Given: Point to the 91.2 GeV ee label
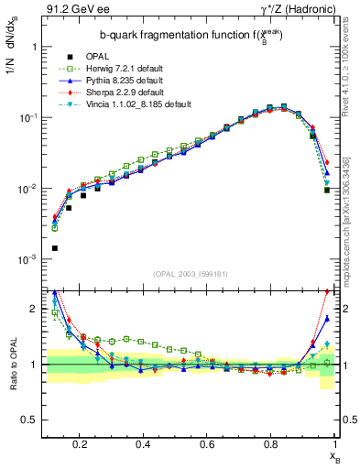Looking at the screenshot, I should point(72,11).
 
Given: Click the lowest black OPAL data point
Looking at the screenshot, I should point(55,248).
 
